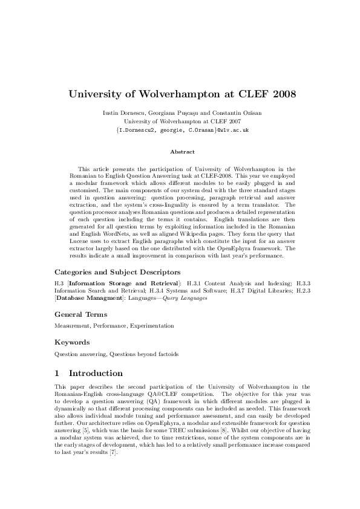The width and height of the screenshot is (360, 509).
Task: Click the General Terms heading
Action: (x=81, y=314)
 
